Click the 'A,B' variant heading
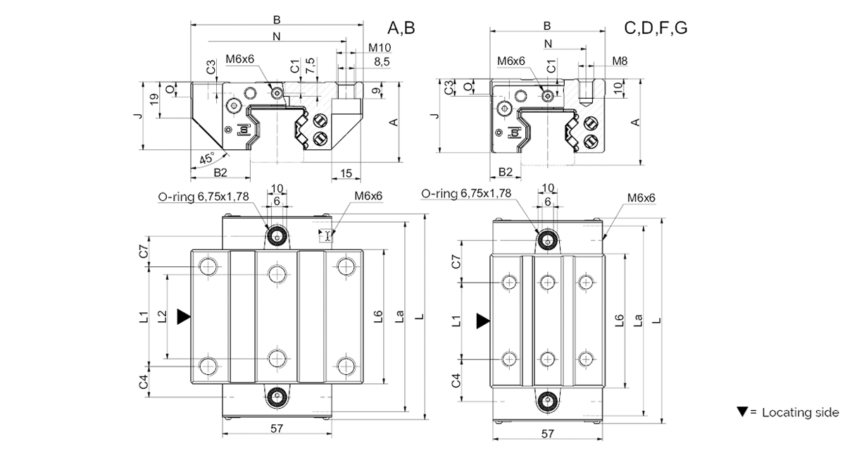(x=401, y=28)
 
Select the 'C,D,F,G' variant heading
(x=656, y=28)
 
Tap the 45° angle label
(x=207, y=159)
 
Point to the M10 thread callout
(x=380, y=48)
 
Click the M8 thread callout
(x=620, y=61)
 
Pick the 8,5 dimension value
(x=382, y=62)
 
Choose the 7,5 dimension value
(x=310, y=66)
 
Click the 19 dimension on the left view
(x=154, y=99)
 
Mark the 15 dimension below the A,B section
(x=346, y=173)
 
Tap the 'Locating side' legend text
(x=800, y=412)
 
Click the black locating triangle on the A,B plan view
(x=184, y=317)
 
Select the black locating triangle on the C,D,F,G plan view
(x=483, y=321)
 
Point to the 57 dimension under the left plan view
(x=277, y=428)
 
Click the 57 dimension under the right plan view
(x=547, y=433)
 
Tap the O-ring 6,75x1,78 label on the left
(x=204, y=197)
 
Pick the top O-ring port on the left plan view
(x=277, y=237)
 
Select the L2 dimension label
(x=162, y=316)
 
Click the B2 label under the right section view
(x=506, y=172)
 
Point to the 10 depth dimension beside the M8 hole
(x=618, y=88)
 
